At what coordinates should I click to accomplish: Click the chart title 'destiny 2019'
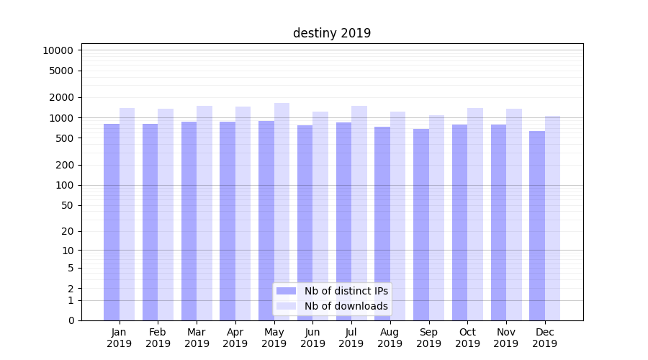click(332, 33)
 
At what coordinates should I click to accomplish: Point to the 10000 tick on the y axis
click(58, 50)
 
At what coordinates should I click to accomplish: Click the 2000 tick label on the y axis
click(61, 97)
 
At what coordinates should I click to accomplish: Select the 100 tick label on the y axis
click(64, 185)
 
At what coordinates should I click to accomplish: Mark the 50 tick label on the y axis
click(67, 205)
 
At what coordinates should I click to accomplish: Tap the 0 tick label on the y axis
click(71, 320)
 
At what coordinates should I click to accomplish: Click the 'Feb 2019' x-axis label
click(158, 338)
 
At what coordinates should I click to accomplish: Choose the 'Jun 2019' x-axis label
click(312, 338)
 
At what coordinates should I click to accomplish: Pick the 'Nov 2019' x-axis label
click(506, 338)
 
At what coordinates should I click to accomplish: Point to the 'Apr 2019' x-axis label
click(235, 338)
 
